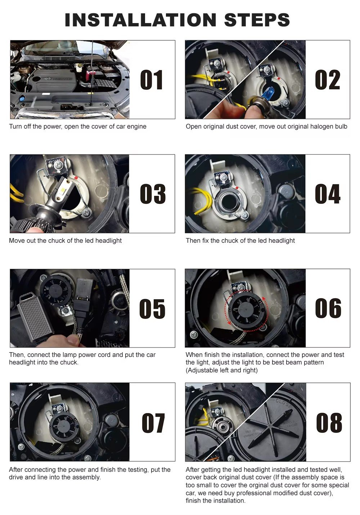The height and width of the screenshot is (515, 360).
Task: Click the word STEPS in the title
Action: (x=257, y=20)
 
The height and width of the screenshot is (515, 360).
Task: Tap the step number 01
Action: (x=152, y=80)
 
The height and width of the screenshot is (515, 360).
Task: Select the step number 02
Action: (x=327, y=80)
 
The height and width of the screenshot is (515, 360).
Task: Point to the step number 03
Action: (x=153, y=194)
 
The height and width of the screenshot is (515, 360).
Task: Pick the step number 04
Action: (x=327, y=194)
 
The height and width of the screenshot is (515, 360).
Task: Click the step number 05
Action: (x=152, y=309)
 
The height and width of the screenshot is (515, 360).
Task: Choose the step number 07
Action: (x=153, y=423)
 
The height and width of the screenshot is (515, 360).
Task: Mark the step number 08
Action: (x=329, y=423)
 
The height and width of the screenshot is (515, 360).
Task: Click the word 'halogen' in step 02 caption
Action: (x=314, y=126)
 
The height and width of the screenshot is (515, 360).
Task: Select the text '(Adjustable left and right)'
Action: (x=221, y=370)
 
